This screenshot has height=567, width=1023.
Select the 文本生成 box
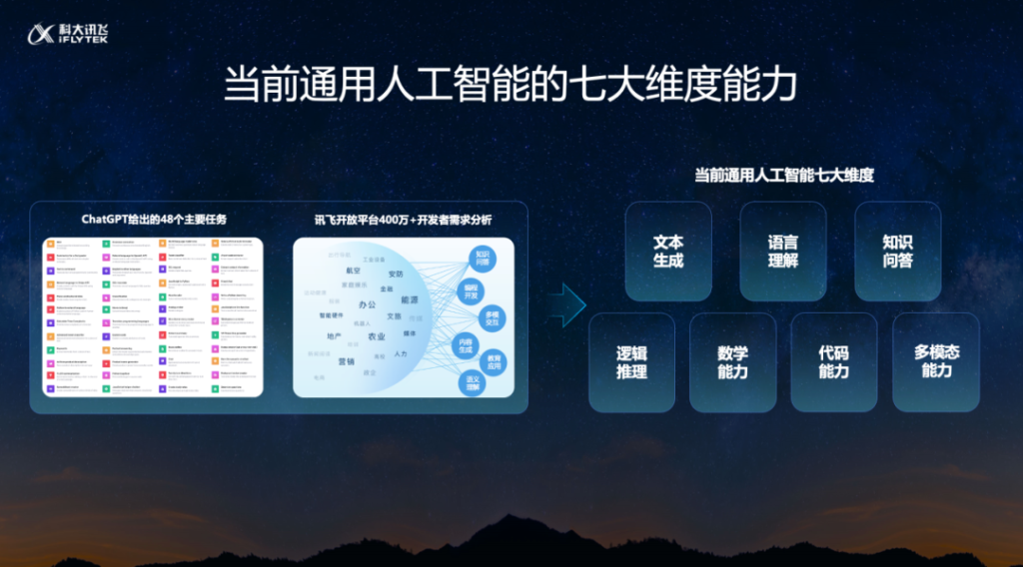point(668,252)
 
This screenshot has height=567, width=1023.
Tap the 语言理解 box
point(783,252)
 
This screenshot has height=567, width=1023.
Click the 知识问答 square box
point(897,252)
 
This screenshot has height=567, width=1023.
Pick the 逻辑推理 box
point(631,362)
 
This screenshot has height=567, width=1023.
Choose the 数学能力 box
point(732,362)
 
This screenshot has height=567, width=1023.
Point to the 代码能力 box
point(833,362)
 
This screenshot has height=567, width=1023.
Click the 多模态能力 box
point(936,362)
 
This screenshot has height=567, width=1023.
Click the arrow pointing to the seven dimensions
point(567,304)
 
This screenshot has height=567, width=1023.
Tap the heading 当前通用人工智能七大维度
point(784,175)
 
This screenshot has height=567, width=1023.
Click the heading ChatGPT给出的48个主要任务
point(153,220)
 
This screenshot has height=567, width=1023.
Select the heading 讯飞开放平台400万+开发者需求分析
point(404,220)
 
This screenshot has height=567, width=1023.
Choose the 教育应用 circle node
point(493,360)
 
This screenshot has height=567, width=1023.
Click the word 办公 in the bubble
point(368,304)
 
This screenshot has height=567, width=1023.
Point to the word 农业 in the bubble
point(377,337)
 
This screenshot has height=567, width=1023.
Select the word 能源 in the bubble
point(410,299)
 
